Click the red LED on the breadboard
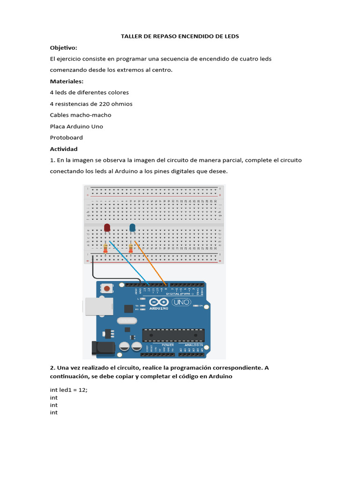[107, 228]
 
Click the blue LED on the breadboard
[133, 228]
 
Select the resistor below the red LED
[105, 248]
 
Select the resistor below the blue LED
[131, 248]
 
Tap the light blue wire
[129, 262]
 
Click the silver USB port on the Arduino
[98, 307]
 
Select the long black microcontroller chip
[173, 335]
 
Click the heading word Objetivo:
[64, 48]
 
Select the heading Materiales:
[67, 82]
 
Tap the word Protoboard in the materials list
[66, 138]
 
